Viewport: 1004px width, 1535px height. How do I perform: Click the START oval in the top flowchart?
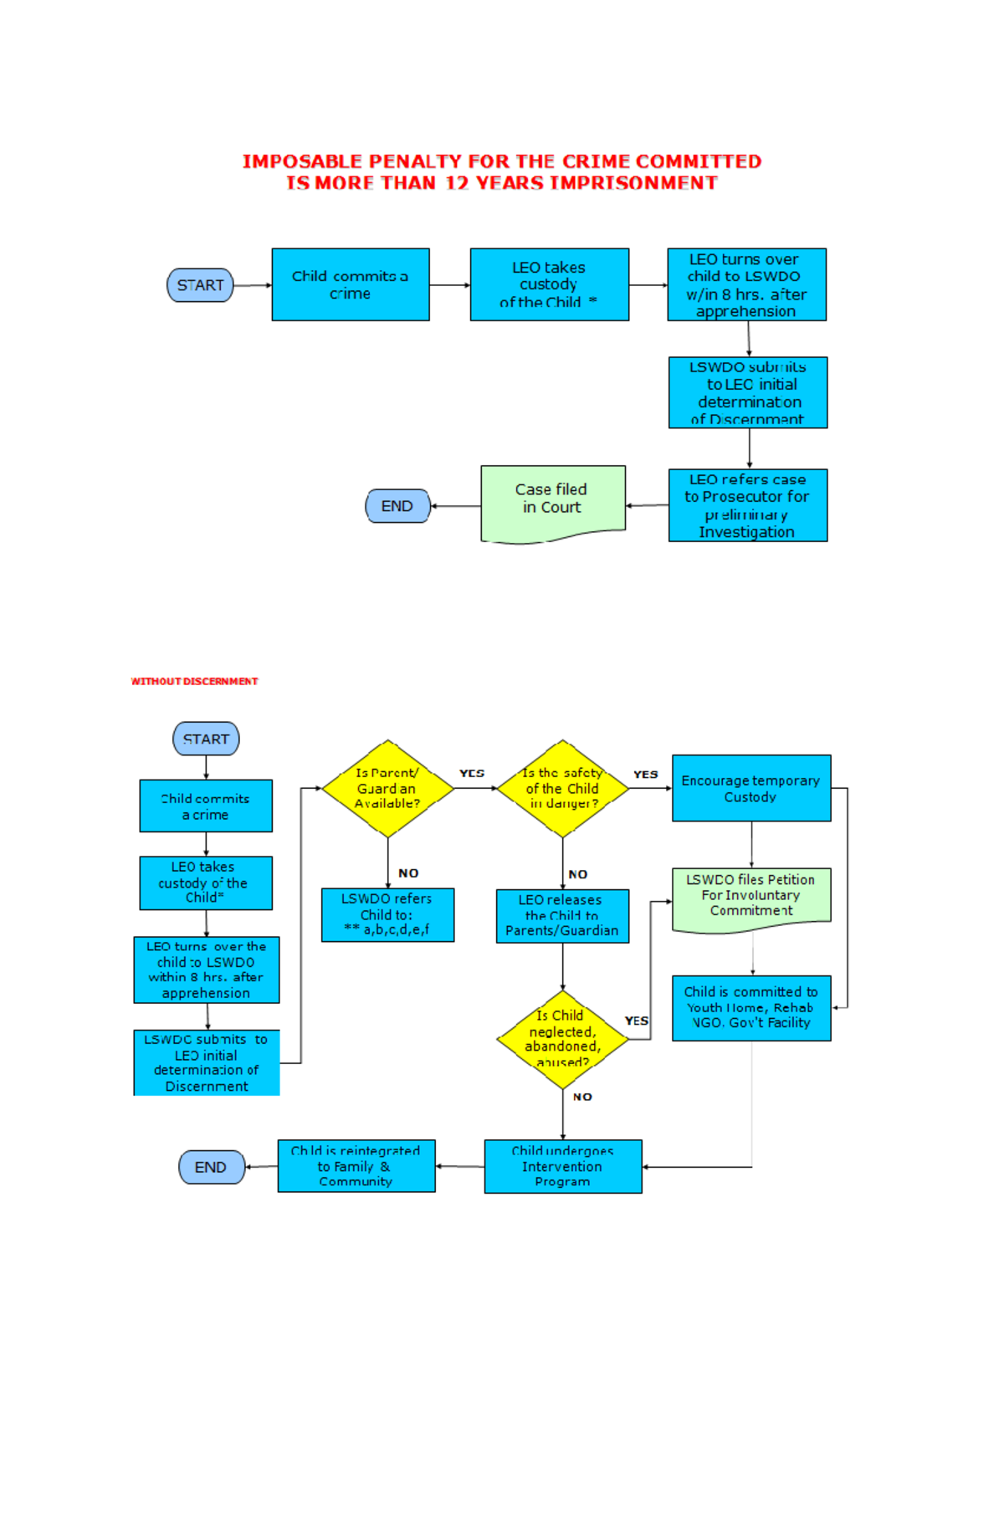(x=200, y=285)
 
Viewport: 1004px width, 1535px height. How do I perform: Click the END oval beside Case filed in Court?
(x=397, y=506)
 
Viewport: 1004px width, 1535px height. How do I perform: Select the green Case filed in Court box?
(x=553, y=500)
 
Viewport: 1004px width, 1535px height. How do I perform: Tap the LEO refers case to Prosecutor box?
(x=748, y=505)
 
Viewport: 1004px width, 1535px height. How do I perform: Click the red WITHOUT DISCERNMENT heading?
(x=194, y=681)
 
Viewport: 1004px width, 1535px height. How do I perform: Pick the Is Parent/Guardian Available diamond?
(x=387, y=788)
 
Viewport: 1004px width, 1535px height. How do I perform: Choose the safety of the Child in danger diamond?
(x=562, y=788)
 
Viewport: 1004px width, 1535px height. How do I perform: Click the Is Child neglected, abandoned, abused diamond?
(x=562, y=1039)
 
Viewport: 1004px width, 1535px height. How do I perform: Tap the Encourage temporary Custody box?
(x=751, y=788)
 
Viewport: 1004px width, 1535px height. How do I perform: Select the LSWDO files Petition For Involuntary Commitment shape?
(x=751, y=898)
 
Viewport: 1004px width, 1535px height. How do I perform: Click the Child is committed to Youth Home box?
(x=751, y=1007)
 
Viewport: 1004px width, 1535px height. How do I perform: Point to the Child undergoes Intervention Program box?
(x=563, y=1166)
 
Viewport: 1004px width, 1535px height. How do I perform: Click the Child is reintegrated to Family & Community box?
(x=356, y=1166)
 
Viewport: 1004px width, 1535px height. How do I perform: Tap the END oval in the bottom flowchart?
(x=212, y=1167)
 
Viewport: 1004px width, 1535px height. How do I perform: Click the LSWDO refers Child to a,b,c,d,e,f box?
(x=387, y=914)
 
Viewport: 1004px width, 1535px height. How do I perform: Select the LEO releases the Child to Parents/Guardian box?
(x=562, y=915)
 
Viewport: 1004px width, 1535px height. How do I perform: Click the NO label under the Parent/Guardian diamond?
(x=408, y=872)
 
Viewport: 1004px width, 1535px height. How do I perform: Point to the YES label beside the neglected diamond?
(x=636, y=1021)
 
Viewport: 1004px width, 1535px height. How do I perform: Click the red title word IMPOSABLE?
(x=302, y=161)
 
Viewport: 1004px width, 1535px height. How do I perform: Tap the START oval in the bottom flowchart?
(x=206, y=739)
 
